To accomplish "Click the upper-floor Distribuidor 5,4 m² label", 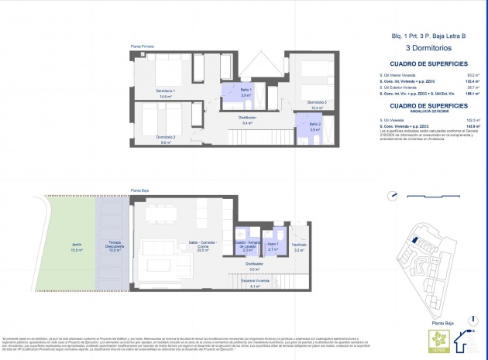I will (x=248, y=120).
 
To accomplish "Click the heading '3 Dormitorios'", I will (x=428, y=48).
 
